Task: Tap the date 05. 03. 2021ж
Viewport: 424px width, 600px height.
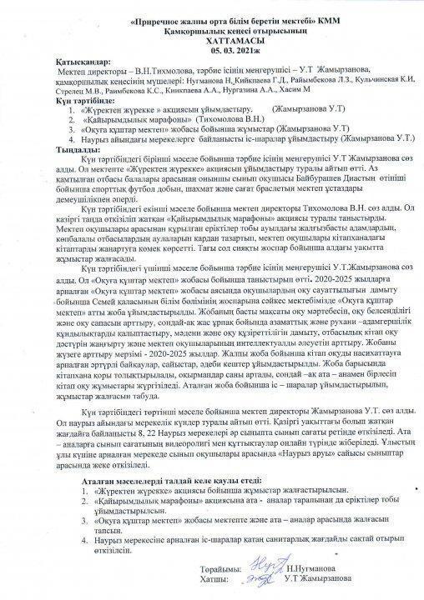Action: click(212, 49)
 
